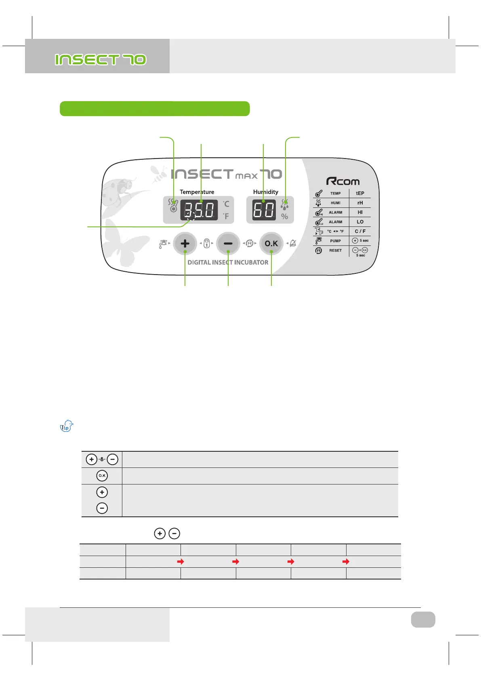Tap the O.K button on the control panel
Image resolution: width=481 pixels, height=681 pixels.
pos(271,243)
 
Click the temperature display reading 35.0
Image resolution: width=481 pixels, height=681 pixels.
pos(199,210)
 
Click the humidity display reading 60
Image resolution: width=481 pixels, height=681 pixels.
pos(264,210)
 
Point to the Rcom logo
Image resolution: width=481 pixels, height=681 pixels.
pos(343,181)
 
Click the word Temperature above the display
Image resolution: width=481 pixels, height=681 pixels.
pos(197,192)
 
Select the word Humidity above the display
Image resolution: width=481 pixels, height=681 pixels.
pos(265,192)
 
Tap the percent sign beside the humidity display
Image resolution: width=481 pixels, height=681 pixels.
pos(285,217)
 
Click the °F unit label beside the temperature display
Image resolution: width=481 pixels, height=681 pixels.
pos(226,216)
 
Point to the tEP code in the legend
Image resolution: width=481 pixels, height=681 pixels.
pos(360,193)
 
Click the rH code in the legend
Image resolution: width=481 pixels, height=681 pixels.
pos(360,203)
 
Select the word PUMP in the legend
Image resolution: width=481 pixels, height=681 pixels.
pos(336,241)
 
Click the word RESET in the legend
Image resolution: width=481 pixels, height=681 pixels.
pos(336,251)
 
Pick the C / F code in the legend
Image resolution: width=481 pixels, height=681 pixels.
pos(360,231)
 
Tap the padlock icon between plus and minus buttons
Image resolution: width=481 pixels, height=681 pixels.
pos(206,243)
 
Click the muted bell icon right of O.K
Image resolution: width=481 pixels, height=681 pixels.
pos(293,243)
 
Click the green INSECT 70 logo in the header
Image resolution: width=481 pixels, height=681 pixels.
pos(101,60)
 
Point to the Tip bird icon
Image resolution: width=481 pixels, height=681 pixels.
pos(66,426)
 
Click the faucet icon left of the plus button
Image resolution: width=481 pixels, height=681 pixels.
pos(163,244)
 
